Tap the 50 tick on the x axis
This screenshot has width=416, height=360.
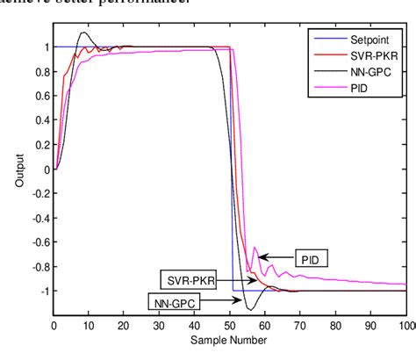coord(230,325)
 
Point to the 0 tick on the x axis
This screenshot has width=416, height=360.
coord(54,325)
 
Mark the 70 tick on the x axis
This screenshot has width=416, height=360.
coord(300,325)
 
